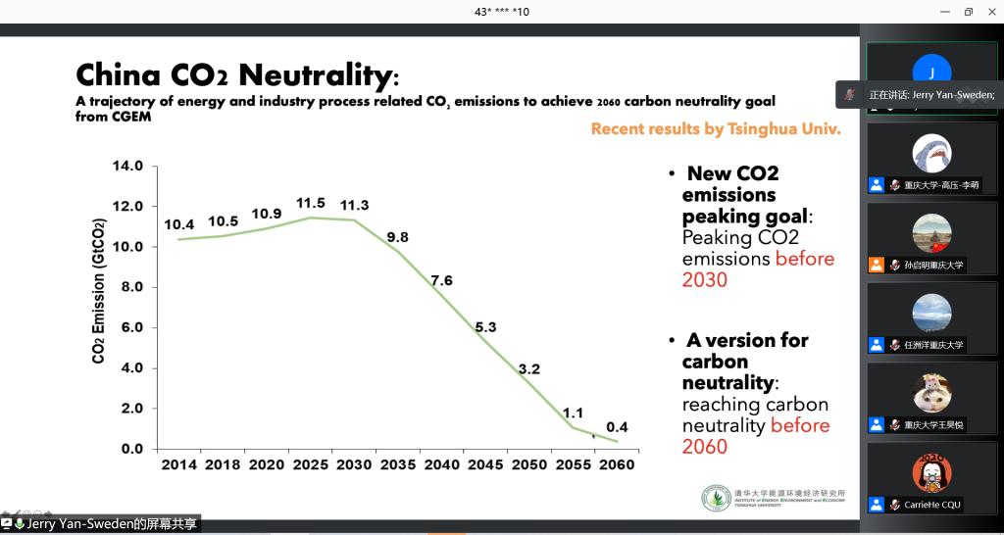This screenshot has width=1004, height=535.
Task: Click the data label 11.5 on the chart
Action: click(x=310, y=203)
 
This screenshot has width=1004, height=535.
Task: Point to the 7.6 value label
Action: click(x=441, y=280)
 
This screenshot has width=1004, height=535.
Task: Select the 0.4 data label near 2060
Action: click(x=617, y=427)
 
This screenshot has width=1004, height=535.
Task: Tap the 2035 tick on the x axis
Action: click(x=397, y=463)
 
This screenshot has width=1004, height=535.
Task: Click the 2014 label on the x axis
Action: click(x=178, y=463)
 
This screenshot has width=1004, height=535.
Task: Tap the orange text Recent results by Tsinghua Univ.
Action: click(x=716, y=128)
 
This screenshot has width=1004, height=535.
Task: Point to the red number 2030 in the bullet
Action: click(x=705, y=280)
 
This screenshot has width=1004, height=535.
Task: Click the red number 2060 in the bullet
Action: click(x=705, y=447)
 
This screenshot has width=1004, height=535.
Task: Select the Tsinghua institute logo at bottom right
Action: click(x=716, y=498)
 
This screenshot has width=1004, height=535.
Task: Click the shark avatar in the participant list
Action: click(x=931, y=153)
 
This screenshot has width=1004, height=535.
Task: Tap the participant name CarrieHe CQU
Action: click(x=932, y=505)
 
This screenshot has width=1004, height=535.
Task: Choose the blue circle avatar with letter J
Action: click(x=931, y=72)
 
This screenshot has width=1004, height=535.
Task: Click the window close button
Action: click(x=992, y=12)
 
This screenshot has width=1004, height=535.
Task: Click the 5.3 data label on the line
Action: click(x=486, y=327)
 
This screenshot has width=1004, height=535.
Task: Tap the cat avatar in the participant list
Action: click(x=931, y=393)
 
